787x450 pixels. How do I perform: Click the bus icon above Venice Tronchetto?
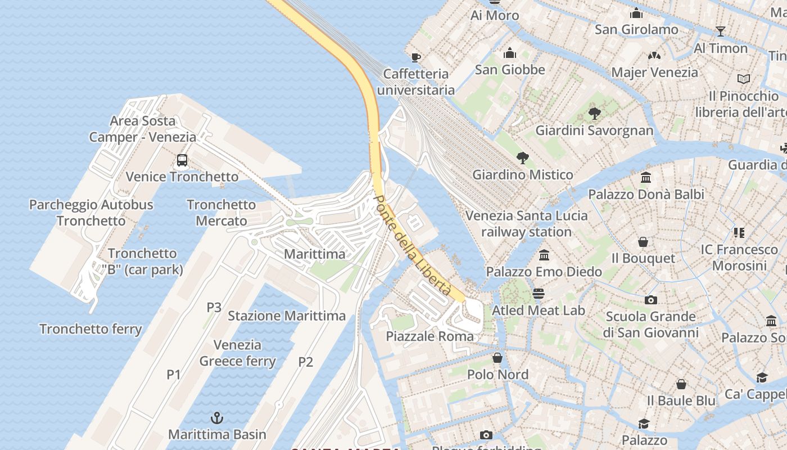(182, 160)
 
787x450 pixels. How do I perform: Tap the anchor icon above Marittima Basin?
(216, 418)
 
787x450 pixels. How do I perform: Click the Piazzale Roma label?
(430, 336)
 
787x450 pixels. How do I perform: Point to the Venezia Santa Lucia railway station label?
(526, 223)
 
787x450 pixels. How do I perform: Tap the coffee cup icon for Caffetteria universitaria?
(415, 57)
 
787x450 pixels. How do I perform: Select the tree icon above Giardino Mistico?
(522, 158)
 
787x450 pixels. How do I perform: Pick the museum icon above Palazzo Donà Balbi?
(646, 178)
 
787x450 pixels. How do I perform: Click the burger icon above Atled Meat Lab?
(539, 294)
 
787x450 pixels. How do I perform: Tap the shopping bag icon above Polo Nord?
(497, 358)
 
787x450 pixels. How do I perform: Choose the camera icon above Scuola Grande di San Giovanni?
(651, 300)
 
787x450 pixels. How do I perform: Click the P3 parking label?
(214, 307)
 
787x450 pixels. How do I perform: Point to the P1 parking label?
(174, 374)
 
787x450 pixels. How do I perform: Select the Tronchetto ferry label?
(91, 328)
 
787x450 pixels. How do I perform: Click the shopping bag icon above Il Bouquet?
(643, 242)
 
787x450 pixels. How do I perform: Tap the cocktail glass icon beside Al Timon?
(721, 31)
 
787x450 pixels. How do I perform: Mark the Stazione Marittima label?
(287, 316)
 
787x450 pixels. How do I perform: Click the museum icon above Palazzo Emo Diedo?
(544, 255)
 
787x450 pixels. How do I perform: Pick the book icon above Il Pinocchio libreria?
(743, 79)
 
